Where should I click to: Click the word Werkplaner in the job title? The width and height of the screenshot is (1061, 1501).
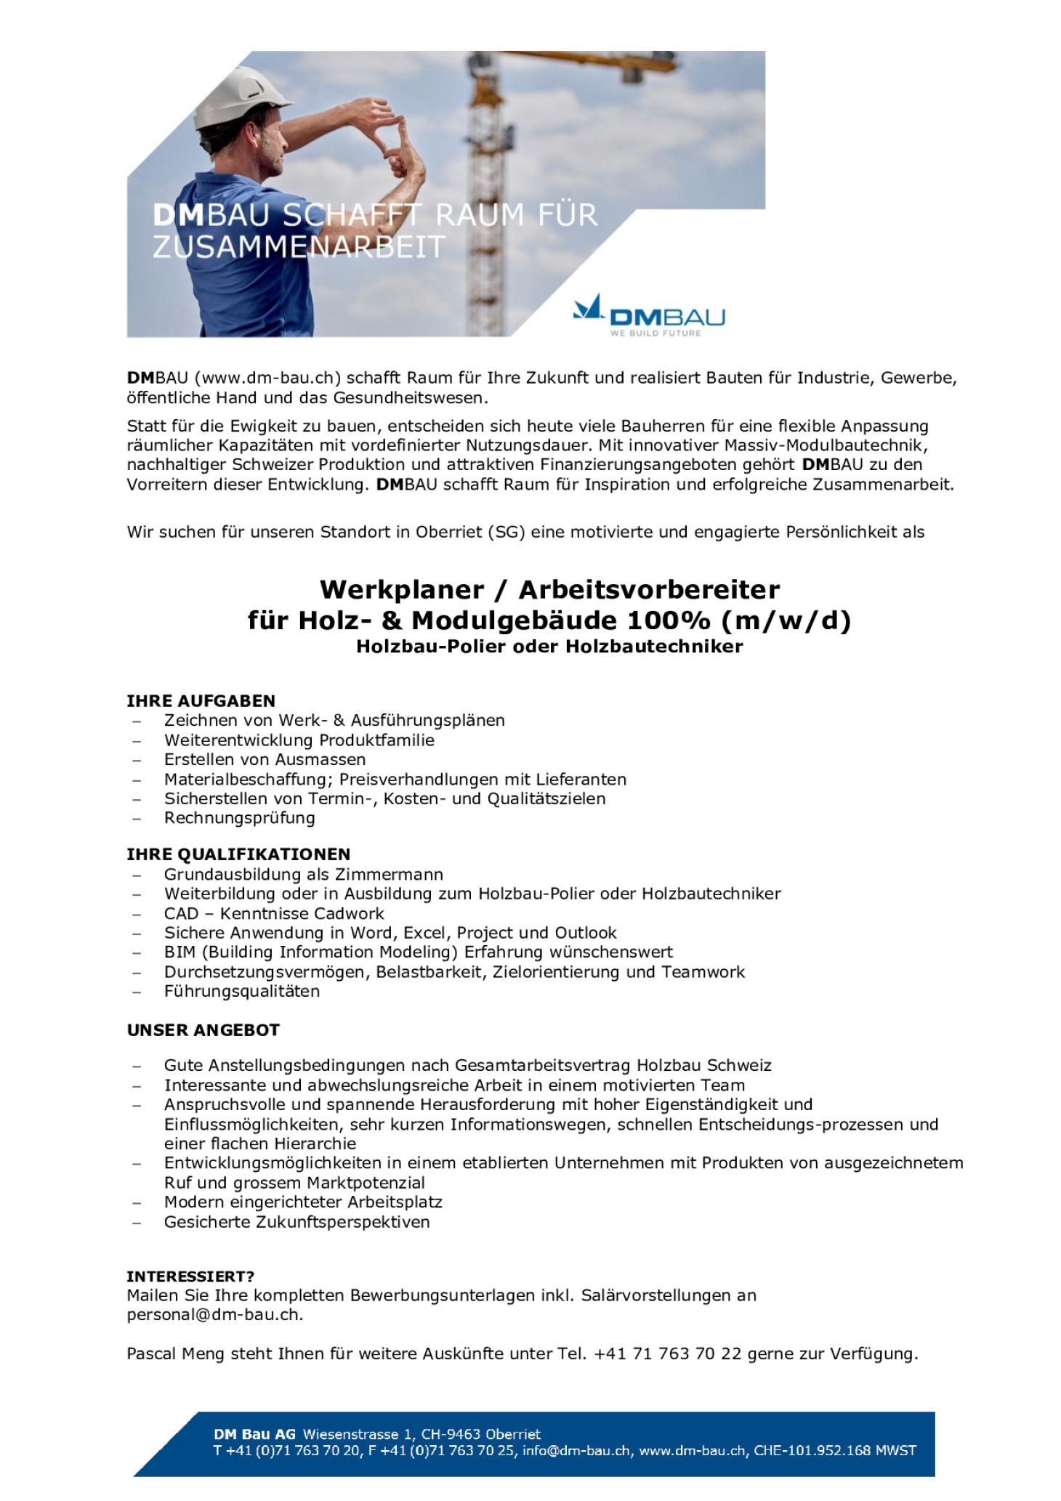[x=402, y=589]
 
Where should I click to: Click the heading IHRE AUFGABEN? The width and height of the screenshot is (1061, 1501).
[x=201, y=701]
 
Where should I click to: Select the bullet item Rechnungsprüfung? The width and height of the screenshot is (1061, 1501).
[x=239, y=818]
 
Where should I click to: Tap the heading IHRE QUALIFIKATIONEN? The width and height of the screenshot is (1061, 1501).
[x=238, y=854]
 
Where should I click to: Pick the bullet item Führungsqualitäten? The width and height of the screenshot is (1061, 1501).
[x=241, y=991]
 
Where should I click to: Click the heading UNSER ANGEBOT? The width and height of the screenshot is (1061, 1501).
[x=203, y=1030]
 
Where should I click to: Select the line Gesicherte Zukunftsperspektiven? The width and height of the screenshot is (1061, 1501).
[x=296, y=1222]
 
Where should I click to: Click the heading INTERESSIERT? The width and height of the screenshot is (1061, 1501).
[x=190, y=1277]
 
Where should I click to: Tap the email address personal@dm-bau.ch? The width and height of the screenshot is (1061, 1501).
[x=214, y=1314]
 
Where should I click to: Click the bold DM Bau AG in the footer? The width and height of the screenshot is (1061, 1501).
[x=254, y=1434]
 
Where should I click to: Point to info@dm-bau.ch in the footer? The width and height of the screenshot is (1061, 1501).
[x=576, y=1451]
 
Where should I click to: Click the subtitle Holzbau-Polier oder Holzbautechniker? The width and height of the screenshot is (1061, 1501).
[x=549, y=647]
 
